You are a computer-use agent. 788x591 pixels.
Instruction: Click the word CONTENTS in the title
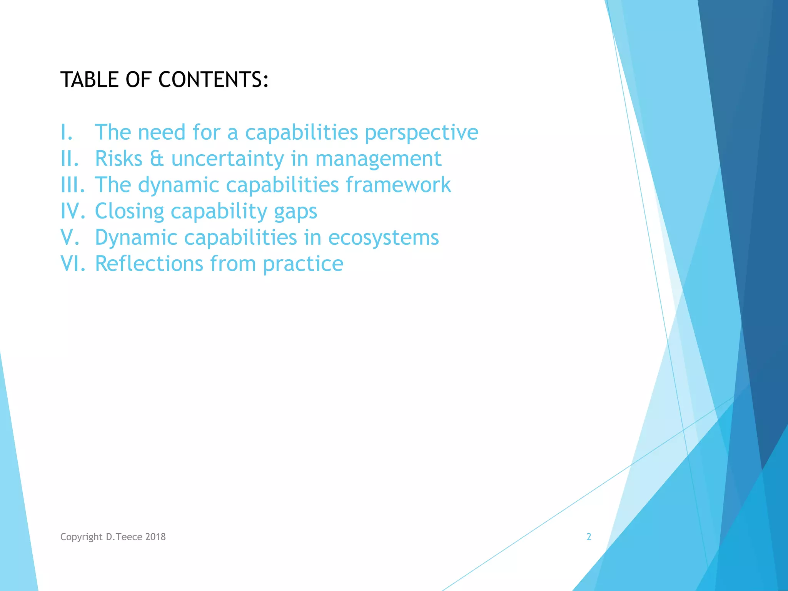[x=214, y=80]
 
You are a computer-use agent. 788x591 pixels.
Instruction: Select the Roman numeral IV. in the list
[x=72, y=211]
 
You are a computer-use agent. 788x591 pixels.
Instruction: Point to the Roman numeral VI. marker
[x=72, y=264]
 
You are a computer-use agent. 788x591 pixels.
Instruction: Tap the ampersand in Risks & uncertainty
[x=157, y=159]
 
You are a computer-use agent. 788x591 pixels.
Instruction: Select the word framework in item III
[x=398, y=185]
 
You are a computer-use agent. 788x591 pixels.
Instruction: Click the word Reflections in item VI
[x=149, y=264]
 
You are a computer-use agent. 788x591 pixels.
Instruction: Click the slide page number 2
[x=589, y=537]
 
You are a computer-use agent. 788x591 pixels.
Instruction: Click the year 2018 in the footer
[x=155, y=537]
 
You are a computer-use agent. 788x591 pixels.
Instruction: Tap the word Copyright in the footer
[x=81, y=537]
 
